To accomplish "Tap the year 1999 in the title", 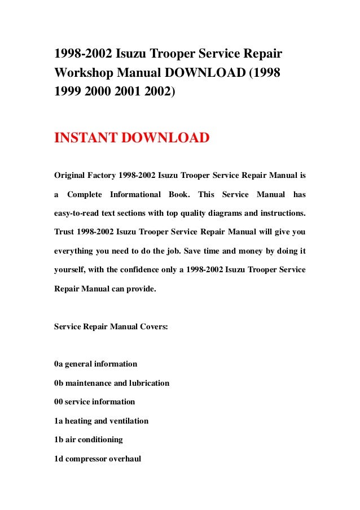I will click(68, 92).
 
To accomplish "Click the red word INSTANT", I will click(82, 137).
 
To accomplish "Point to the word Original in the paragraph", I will click(70, 175).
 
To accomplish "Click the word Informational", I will click(135, 194).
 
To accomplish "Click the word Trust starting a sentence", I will click(64, 232).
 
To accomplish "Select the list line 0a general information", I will click(95, 364).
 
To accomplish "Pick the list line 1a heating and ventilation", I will click(101, 421).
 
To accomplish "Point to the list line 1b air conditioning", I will click(88, 439).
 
